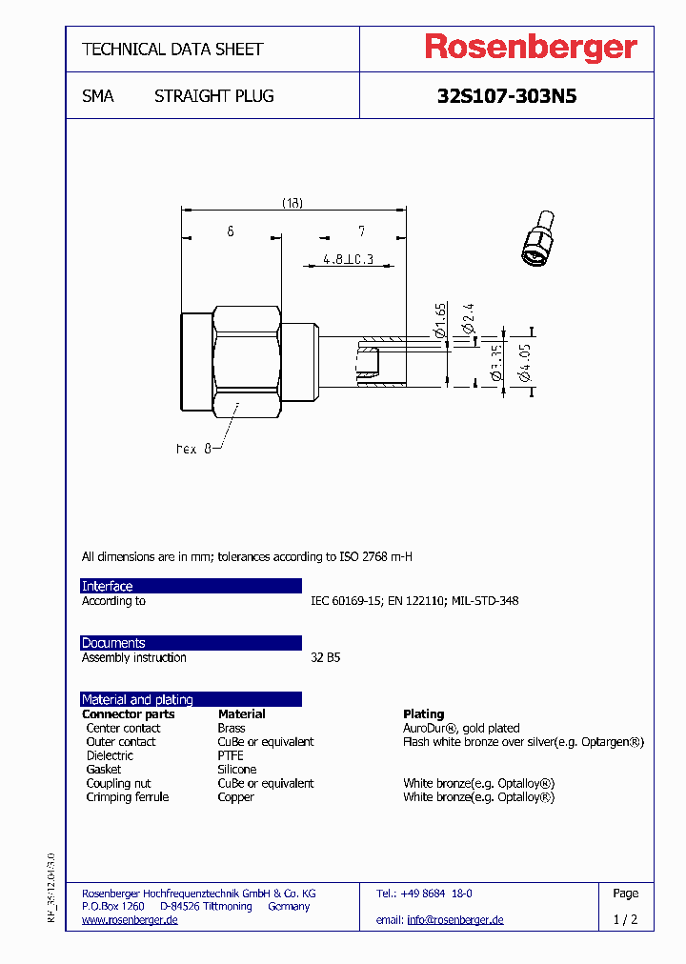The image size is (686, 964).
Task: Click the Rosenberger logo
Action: [530, 48]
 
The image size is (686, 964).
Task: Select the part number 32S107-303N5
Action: [506, 96]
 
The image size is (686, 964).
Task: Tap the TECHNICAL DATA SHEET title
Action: [172, 49]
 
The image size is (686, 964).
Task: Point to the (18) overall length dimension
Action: [292, 202]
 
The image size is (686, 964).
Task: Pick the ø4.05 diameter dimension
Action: [524, 362]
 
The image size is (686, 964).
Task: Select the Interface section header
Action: [107, 586]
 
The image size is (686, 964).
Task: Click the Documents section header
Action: [113, 643]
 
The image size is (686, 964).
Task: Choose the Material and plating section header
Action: [137, 699]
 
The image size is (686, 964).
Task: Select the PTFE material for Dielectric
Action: [231, 755]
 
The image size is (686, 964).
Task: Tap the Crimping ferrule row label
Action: [128, 796]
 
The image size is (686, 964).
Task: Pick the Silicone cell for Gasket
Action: [237, 769]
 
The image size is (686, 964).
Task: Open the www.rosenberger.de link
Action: [130, 920]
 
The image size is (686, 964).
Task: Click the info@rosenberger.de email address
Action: [454, 920]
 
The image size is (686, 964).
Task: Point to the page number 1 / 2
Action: [625, 920]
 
